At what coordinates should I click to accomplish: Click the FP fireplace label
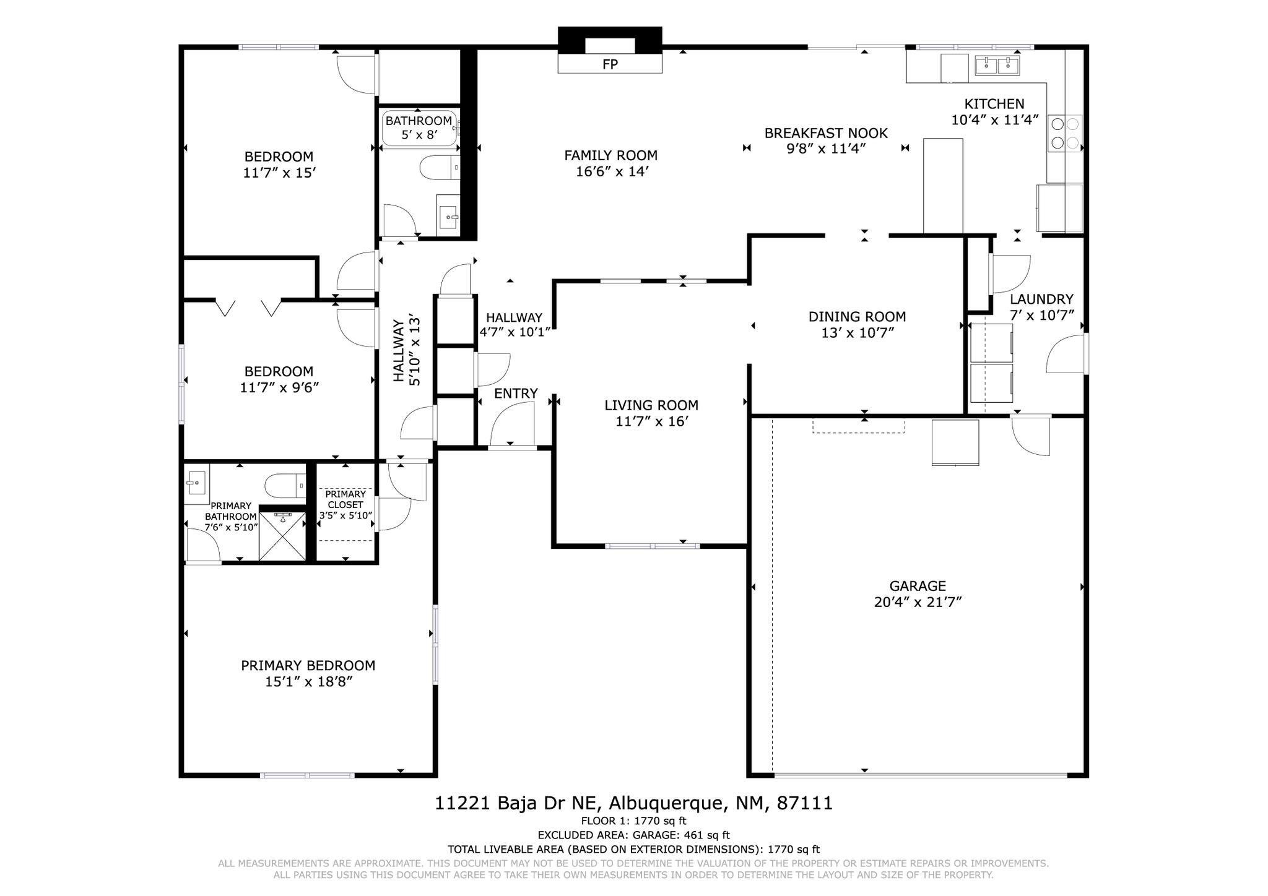610,64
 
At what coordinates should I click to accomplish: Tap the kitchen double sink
997,65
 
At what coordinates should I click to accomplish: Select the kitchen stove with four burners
1065,134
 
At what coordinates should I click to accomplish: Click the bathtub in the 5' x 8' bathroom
420,128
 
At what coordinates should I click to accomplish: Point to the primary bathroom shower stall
282,536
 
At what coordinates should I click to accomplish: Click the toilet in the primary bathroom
285,486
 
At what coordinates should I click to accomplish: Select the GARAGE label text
918,586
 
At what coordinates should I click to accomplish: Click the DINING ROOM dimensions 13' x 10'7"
858,333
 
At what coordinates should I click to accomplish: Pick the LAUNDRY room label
1041,299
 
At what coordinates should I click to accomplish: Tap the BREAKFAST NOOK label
826,133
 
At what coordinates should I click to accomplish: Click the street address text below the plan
634,803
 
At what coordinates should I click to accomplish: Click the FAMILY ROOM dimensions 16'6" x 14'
612,171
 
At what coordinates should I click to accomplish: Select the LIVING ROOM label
651,405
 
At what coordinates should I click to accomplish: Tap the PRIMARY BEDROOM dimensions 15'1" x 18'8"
308,682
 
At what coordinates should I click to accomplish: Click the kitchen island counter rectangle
943,186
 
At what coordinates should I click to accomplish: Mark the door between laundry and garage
1031,436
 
